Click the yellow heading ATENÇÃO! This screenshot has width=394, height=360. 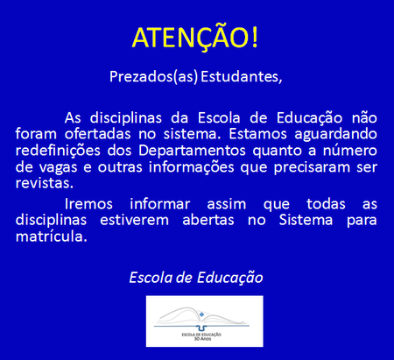pyautogui.click(x=195, y=38)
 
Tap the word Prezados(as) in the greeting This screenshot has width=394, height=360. pyautogui.click(x=153, y=77)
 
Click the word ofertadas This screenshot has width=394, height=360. pyautogui.click(x=98, y=134)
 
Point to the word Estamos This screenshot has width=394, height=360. pyautogui.click(x=258, y=134)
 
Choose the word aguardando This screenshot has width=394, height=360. pyautogui.click(x=335, y=135)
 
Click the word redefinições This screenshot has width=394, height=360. pyautogui.click(x=58, y=152)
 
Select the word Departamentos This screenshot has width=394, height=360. pyautogui.click(x=192, y=152)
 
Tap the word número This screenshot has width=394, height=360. pyautogui.click(x=349, y=151)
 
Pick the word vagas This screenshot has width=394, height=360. pyautogui.click(x=59, y=168)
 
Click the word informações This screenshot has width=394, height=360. pyautogui.click(x=192, y=168)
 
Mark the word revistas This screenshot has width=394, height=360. pyautogui.click(x=45, y=184)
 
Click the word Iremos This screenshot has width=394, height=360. pyautogui.click(x=88, y=204)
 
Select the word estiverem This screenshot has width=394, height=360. pyautogui.click(x=135, y=220)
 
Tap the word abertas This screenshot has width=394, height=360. pyautogui.click(x=208, y=220)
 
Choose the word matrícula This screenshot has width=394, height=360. pyautogui.click(x=52, y=236)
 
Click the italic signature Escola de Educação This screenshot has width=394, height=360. pyautogui.click(x=196, y=278)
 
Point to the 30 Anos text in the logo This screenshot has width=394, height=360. pyautogui.click(x=202, y=339)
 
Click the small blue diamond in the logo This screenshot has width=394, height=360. pyautogui.click(x=201, y=314)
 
